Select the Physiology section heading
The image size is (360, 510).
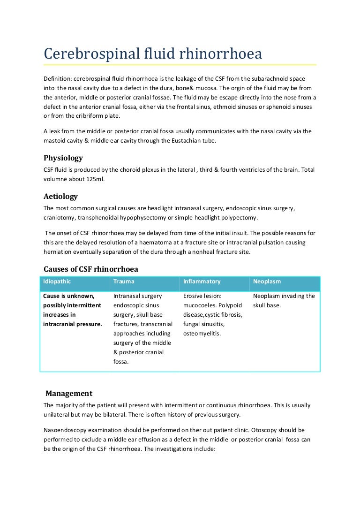[x=63, y=158]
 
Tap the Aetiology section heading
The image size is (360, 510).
[x=60, y=196]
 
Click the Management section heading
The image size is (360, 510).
[x=69, y=394]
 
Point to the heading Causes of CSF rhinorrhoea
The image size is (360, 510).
[x=90, y=269]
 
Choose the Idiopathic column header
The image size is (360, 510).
[x=56, y=282]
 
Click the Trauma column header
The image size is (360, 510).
[x=124, y=282]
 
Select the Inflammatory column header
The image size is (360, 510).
[x=202, y=282]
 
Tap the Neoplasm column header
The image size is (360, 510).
[x=267, y=282]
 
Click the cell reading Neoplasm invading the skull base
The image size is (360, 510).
[x=284, y=301]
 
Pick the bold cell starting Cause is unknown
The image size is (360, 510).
[x=72, y=310]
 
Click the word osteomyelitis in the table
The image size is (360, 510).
[x=202, y=334]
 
